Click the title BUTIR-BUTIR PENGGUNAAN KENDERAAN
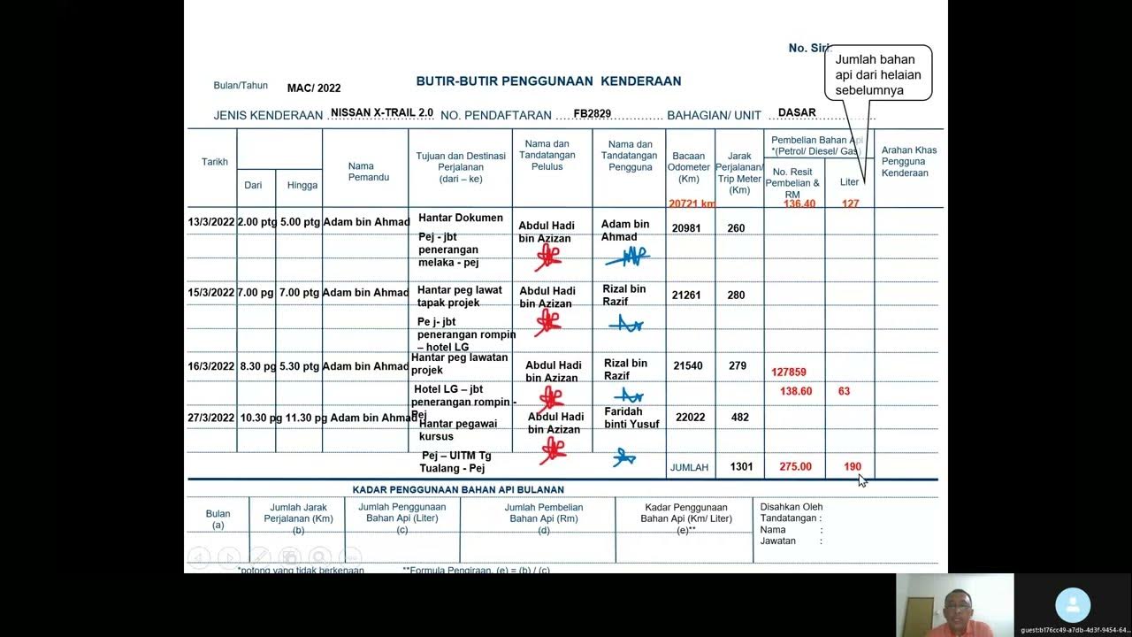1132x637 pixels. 548,81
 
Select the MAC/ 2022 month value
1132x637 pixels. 314,88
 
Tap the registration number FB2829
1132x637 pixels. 593,114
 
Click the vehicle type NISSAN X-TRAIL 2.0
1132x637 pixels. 382,113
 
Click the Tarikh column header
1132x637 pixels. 215,162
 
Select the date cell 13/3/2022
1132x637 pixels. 211,222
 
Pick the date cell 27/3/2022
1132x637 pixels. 211,418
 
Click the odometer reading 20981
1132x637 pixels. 686,228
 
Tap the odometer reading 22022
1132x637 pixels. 690,418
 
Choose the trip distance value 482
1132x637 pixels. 738,418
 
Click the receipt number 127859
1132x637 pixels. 789,372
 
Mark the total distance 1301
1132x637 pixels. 741,466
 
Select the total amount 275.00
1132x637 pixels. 795,466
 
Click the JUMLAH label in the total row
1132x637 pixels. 689,467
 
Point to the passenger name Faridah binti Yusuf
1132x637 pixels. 631,418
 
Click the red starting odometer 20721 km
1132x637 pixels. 692,204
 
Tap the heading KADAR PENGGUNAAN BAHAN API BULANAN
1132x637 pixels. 458,489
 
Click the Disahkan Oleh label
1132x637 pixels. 792,507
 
